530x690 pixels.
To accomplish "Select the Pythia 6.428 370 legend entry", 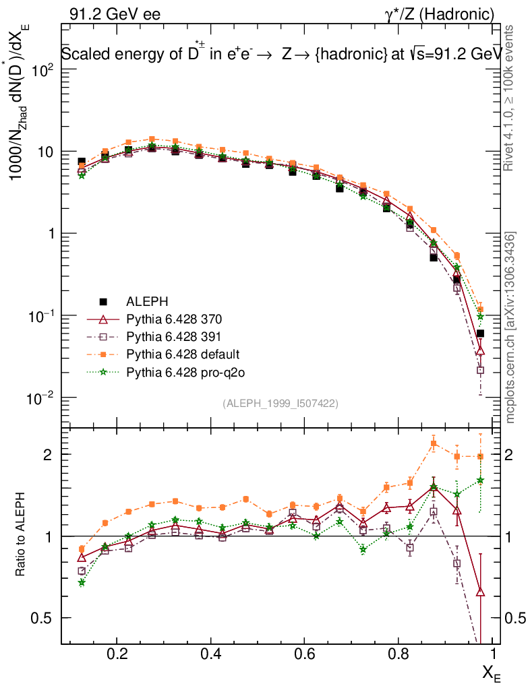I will coord(174,319).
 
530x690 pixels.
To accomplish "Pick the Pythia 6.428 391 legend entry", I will coord(174,336).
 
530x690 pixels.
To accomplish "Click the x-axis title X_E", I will coord(491,671).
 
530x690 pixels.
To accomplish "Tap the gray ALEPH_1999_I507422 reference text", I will coord(280,403).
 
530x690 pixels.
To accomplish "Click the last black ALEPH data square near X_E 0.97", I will coord(480,334).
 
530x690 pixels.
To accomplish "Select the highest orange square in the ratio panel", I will coord(434,443).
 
